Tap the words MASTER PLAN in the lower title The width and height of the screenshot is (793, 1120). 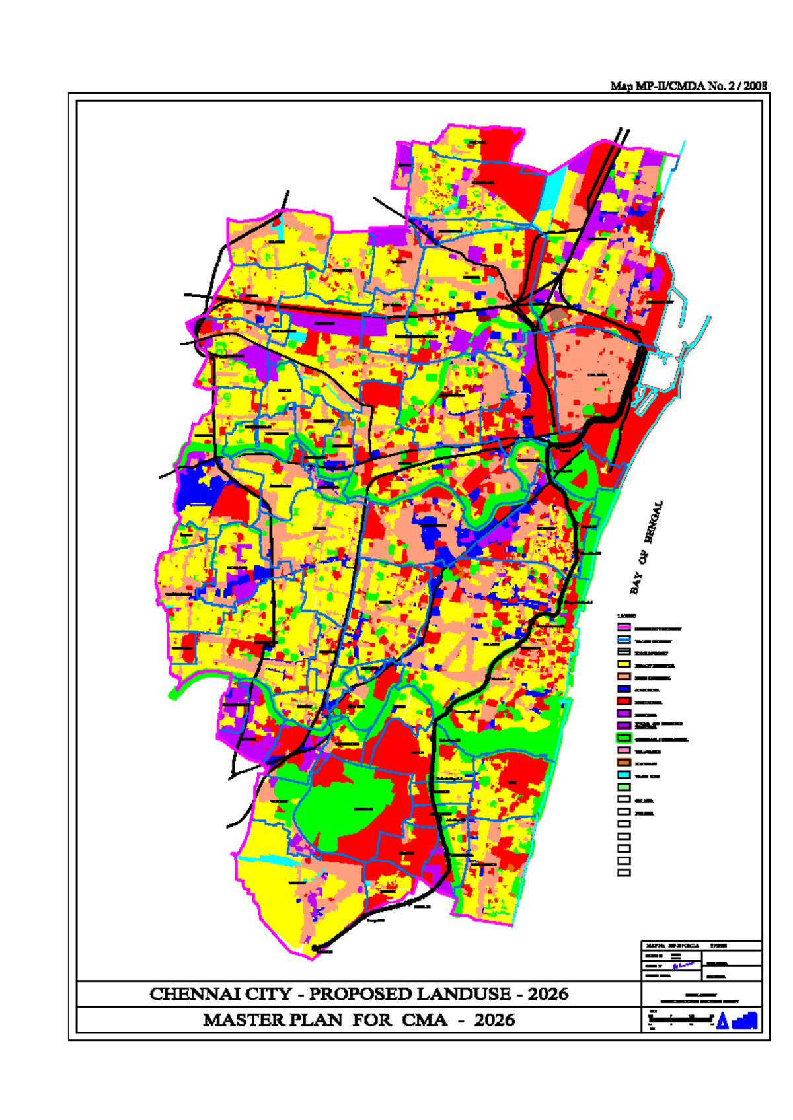272,1020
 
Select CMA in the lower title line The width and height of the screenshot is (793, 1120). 424,1020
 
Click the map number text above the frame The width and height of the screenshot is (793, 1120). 689,86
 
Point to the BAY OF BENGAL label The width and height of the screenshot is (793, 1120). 646,548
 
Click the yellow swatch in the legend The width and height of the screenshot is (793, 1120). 624,664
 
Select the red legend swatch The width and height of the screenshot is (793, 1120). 624,701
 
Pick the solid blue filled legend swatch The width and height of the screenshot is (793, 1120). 624,689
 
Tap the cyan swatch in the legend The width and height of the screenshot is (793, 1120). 624,775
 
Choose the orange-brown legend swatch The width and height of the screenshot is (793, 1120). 624,762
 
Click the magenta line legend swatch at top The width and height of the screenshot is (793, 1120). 624,627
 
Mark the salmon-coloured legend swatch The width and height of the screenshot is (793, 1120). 624,677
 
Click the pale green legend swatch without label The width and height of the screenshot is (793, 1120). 624,787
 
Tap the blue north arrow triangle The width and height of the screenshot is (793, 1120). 722,1021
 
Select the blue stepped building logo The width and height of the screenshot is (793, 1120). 745,1020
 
